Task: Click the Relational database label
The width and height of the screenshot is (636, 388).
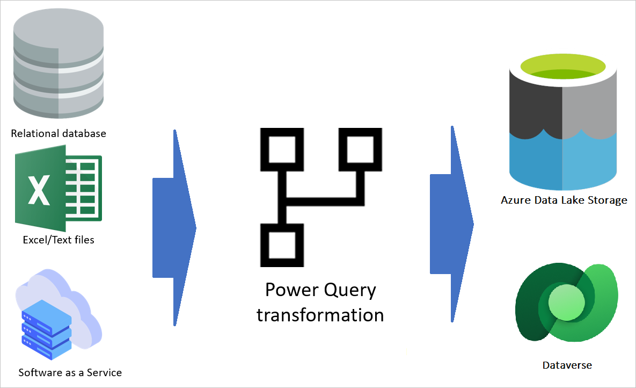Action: coord(59,133)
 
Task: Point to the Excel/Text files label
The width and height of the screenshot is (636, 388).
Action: coord(59,240)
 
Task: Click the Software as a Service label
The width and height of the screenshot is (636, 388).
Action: coord(70,372)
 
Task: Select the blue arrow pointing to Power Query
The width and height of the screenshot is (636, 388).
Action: coord(174,228)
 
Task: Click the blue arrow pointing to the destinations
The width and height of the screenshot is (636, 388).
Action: coord(451,224)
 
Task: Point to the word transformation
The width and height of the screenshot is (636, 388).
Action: coord(320,315)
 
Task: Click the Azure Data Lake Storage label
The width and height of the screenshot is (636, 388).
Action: coord(564,200)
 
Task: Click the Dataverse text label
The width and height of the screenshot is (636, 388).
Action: coord(567,365)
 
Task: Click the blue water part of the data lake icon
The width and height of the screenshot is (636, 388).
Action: coord(562,161)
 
